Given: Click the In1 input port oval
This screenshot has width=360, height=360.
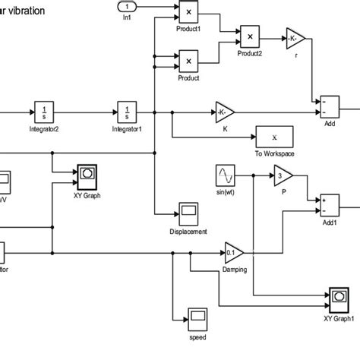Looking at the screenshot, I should [126, 8].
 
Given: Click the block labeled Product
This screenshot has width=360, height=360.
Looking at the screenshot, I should [188, 60].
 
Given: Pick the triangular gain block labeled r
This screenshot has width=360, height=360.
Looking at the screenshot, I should [294, 37].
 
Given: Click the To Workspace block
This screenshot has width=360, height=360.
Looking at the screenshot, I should [275, 137].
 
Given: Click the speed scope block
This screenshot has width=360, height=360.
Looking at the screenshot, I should [197, 315].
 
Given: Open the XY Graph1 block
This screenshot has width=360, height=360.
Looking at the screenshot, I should [339, 296].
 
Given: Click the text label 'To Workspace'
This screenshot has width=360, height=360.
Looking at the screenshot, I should [275, 154].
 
